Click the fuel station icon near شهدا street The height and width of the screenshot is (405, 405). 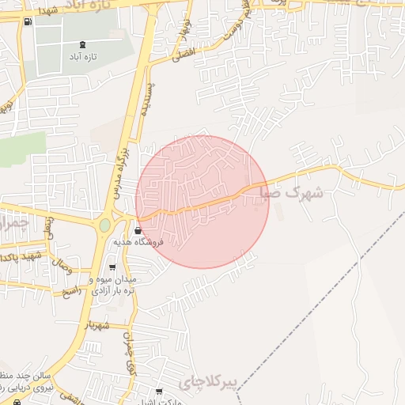(28, 21)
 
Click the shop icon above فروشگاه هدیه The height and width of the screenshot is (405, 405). (139, 231)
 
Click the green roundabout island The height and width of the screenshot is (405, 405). (104, 226)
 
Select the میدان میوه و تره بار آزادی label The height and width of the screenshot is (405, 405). (112, 286)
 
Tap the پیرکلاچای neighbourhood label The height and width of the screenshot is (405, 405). (208, 383)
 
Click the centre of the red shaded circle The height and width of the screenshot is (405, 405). (202, 202)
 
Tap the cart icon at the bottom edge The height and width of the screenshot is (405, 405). (160, 392)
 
